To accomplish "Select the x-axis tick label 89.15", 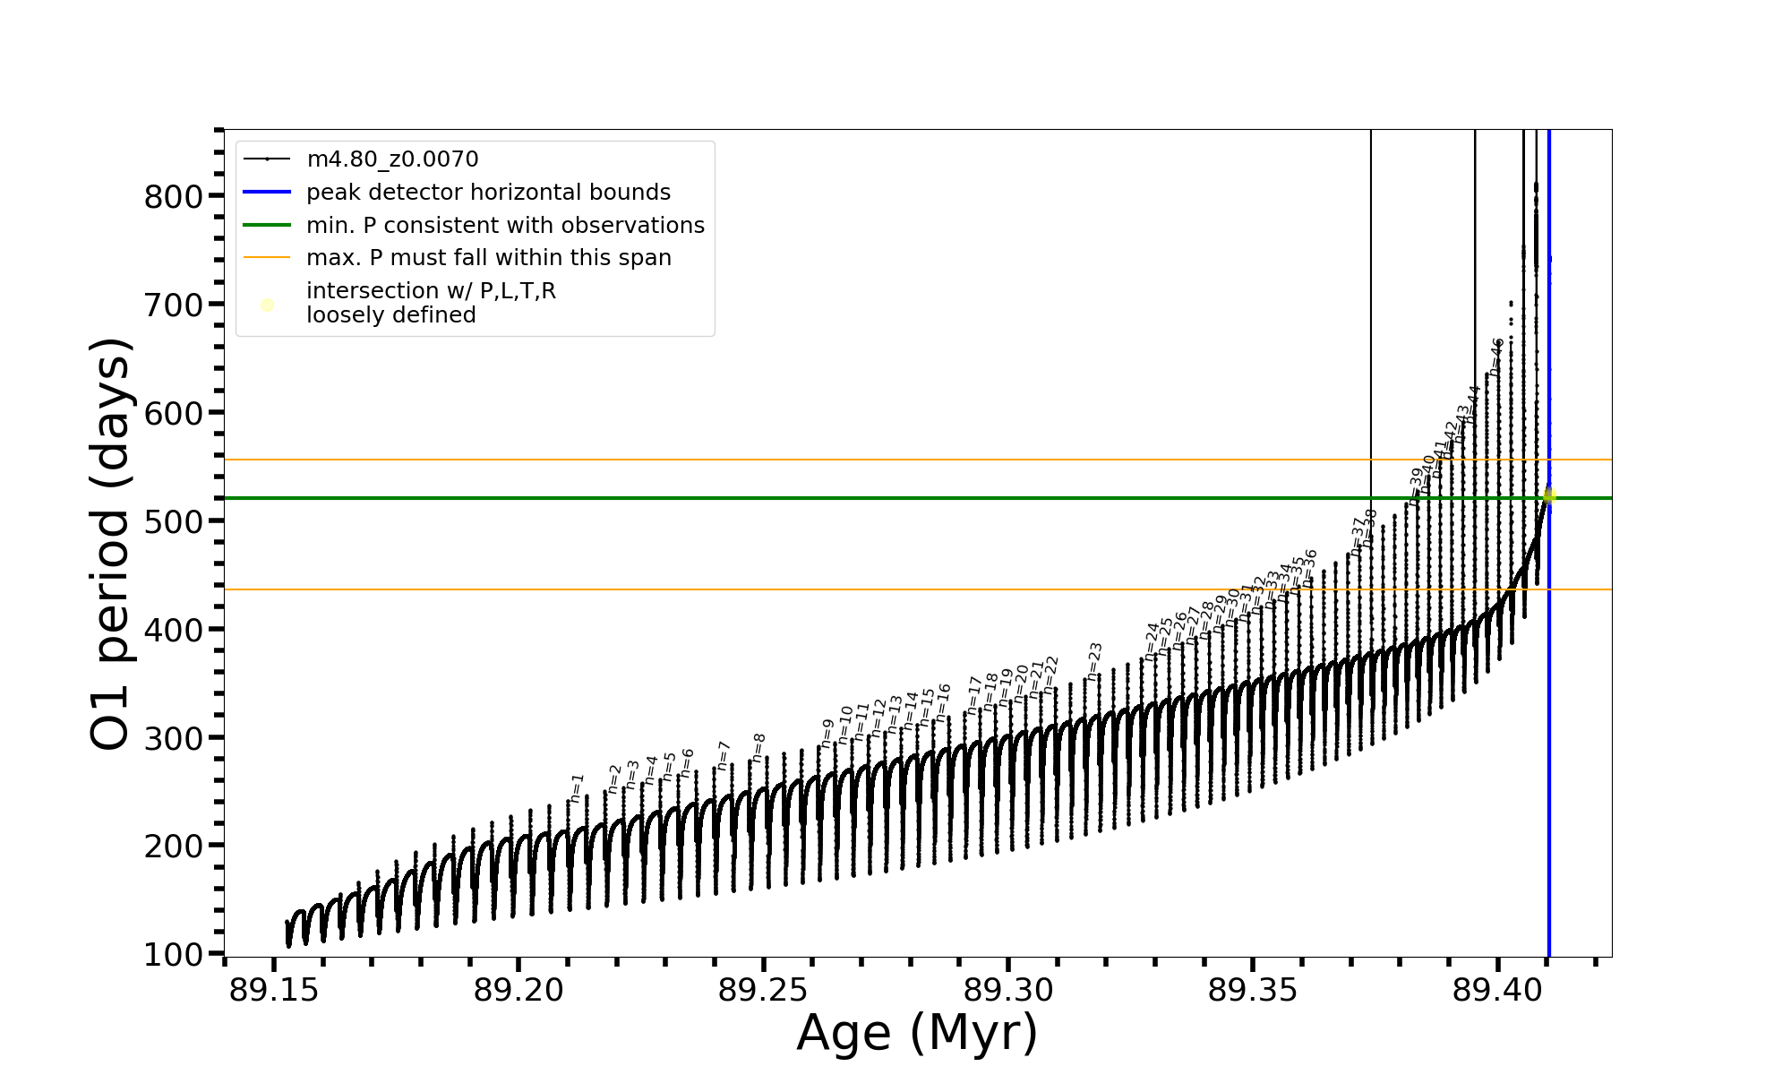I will [x=273, y=992].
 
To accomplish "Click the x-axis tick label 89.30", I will [x=1007, y=992].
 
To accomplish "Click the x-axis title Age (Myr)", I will [x=917, y=1033].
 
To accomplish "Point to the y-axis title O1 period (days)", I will [x=112, y=544].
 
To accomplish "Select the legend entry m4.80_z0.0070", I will [x=392, y=159].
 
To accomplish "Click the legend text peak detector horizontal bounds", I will [x=488, y=193].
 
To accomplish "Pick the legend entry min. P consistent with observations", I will [x=505, y=226].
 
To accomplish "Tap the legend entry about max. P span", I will [x=488, y=258].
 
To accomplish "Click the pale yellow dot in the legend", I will [x=267, y=305].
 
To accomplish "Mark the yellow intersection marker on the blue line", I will [x=1549, y=495].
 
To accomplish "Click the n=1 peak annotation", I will [x=577, y=786].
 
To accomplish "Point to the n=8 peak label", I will [x=758, y=747].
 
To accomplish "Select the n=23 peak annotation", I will [x=1094, y=660].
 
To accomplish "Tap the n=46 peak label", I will [x=1496, y=356].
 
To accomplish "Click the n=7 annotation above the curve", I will [x=724, y=755].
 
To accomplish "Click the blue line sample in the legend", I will [x=267, y=193].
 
